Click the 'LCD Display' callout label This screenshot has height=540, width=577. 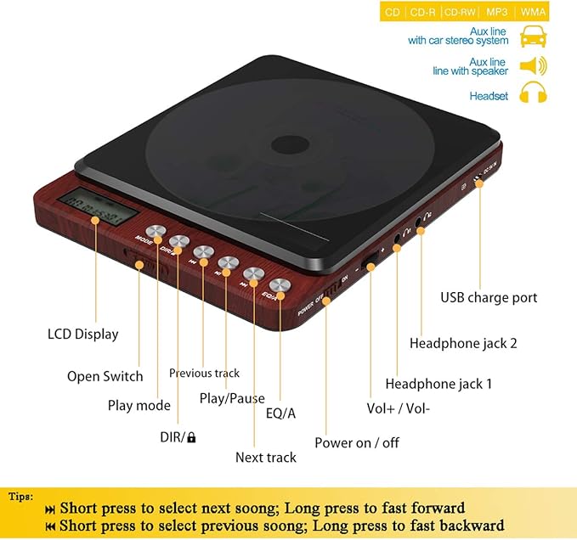(82, 334)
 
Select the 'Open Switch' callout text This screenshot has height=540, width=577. (105, 376)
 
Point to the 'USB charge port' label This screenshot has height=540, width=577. (489, 297)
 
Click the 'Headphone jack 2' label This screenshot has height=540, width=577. (462, 343)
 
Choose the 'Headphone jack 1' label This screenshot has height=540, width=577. (438, 384)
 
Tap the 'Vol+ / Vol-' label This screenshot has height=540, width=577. (398, 408)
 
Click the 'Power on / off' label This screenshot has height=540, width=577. (356, 442)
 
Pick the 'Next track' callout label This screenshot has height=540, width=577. (266, 457)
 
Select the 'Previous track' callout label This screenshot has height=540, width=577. (204, 373)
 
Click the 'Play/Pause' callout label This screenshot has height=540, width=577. (232, 398)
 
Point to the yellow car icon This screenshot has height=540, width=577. (533, 36)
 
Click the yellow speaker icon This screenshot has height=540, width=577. (533, 66)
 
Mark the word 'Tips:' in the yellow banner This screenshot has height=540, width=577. (22, 496)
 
